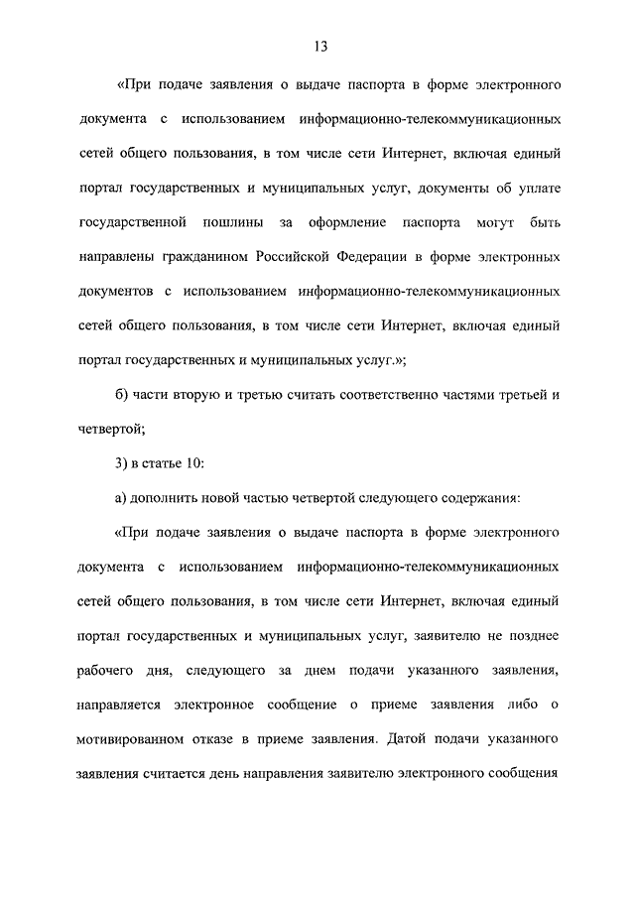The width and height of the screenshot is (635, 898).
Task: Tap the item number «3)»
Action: (122, 461)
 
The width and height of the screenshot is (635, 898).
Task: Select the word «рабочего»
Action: (107, 671)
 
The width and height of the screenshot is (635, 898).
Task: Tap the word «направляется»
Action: (120, 706)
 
